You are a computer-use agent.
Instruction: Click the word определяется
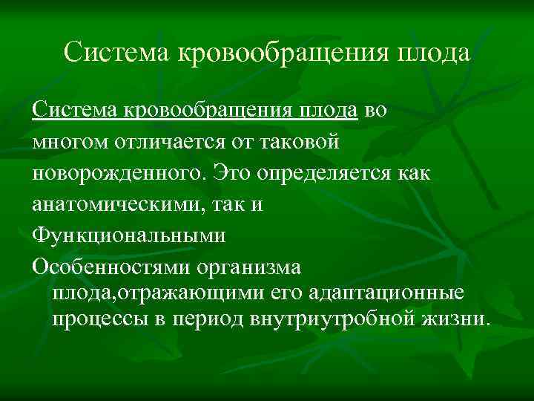coord(332,172)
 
